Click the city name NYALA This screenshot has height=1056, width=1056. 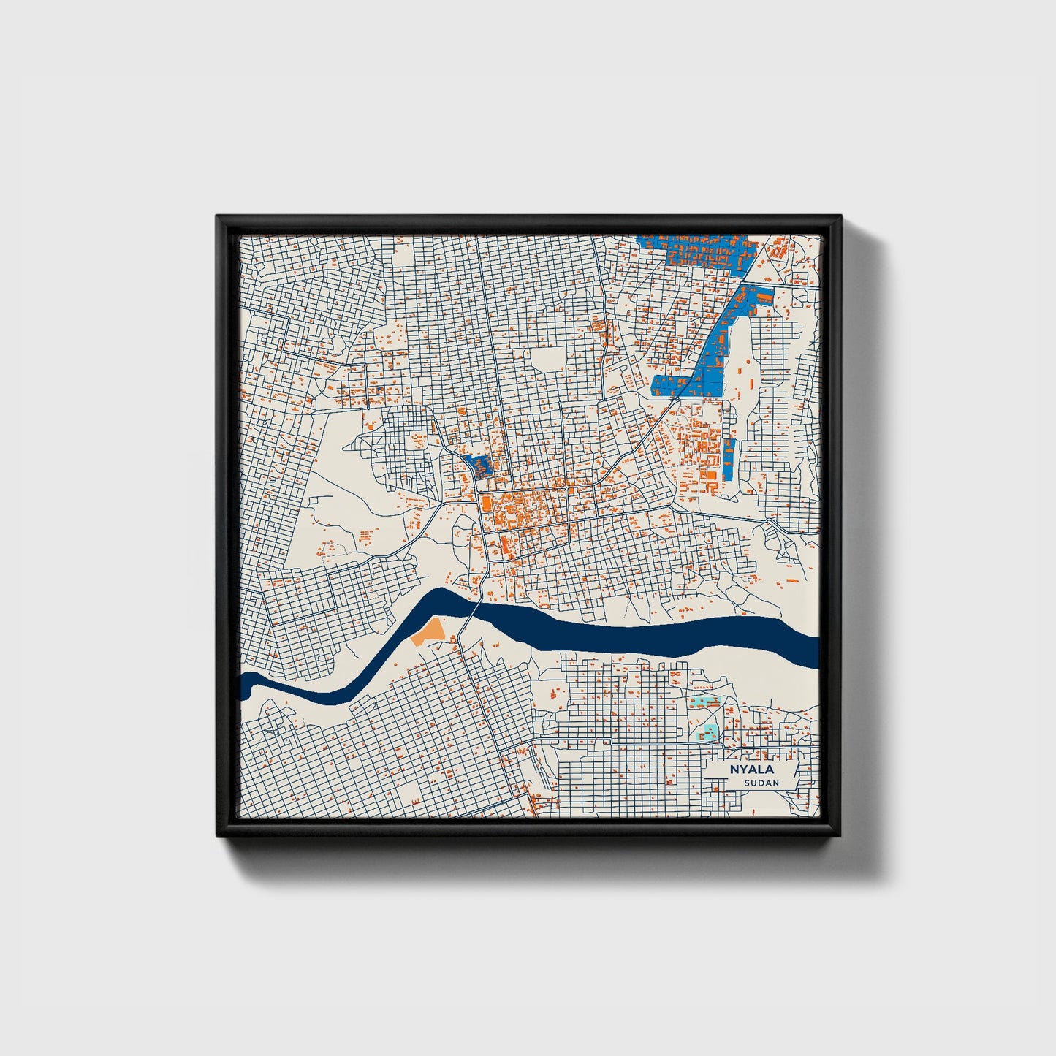(751, 770)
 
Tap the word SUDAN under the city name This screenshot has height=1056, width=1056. (761, 783)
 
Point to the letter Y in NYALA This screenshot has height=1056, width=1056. (742, 770)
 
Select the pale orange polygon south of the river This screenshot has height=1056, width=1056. (428, 631)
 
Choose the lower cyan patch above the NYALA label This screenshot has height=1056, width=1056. (709, 730)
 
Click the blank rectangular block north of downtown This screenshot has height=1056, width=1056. (547, 359)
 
